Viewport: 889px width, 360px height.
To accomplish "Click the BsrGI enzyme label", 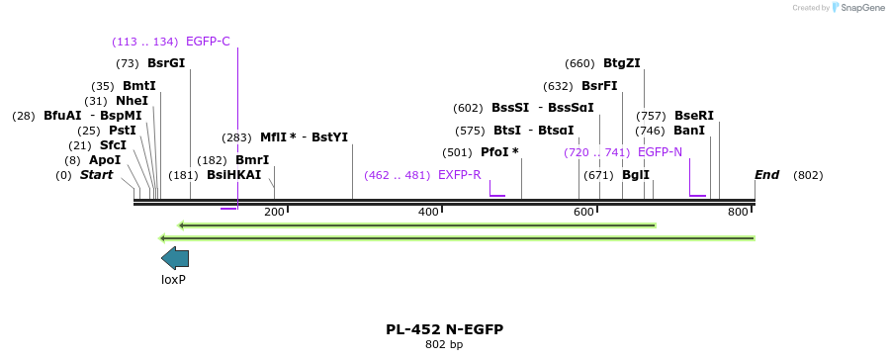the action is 166,63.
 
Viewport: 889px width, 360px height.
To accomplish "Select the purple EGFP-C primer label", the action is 208,42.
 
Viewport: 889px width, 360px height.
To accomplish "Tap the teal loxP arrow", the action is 174,258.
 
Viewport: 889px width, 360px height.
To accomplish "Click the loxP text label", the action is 174,280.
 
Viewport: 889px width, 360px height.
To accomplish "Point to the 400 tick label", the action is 429,212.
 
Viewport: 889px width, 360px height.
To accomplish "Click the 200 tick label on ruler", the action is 274,212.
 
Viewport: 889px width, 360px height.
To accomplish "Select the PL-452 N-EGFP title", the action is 444,329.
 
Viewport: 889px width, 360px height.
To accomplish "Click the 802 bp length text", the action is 444,345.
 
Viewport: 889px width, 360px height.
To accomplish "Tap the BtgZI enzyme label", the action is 622,63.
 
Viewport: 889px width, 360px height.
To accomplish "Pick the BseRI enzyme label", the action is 693,116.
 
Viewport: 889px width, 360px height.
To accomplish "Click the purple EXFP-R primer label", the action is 459,175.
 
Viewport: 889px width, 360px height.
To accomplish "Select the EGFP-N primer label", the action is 660,152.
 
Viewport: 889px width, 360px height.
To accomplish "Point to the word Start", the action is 96,175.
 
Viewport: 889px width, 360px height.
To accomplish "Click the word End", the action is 767,175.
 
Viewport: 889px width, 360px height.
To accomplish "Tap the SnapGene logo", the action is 857,8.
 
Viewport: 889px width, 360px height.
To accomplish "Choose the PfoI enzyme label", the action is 499,152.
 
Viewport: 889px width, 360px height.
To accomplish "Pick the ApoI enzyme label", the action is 105,160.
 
